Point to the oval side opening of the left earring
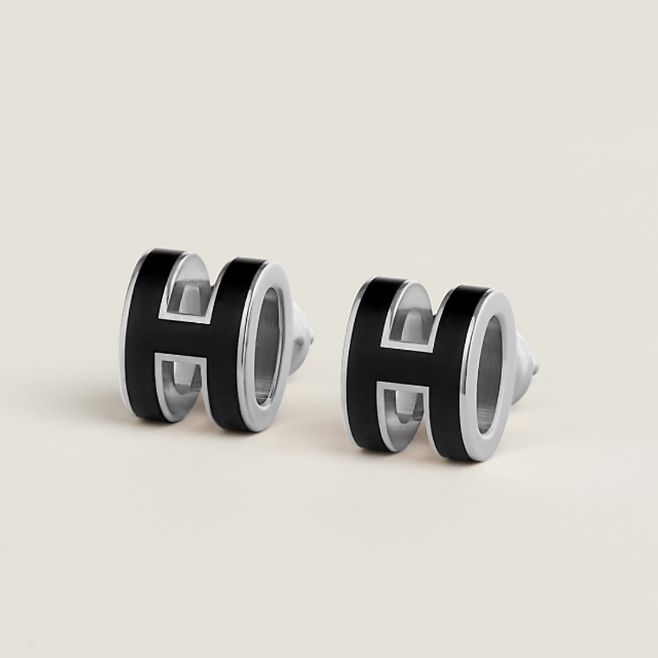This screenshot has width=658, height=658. tap(268, 344)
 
